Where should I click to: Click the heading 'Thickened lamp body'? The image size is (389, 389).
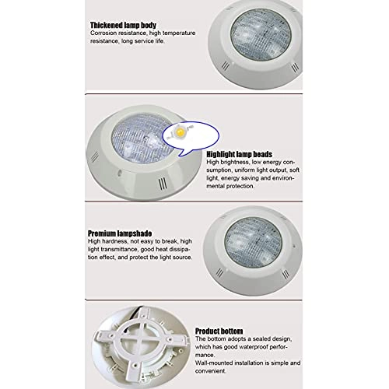[x=123, y=25]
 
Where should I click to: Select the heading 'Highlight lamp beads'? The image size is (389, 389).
[x=239, y=154]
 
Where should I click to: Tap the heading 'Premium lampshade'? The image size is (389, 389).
[x=120, y=233]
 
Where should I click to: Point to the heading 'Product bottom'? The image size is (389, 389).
[x=219, y=331]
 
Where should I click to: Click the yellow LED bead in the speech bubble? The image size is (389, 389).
[x=179, y=132]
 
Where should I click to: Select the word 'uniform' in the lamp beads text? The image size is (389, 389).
[x=244, y=170]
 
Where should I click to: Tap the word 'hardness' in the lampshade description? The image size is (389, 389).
[x=114, y=241]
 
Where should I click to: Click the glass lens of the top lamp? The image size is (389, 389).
[x=261, y=34]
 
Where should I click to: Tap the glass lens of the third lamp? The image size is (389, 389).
[x=253, y=243]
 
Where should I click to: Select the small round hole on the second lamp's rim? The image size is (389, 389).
[x=119, y=173]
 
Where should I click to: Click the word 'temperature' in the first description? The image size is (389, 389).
[x=179, y=33]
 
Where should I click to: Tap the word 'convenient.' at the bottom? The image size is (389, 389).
[x=211, y=371]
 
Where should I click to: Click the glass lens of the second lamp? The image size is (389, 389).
[x=142, y=138]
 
